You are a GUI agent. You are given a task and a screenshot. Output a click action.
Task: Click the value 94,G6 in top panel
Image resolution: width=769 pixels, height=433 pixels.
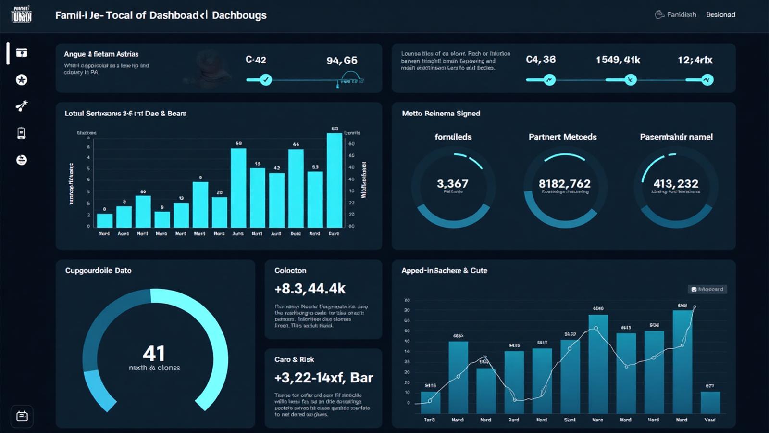pos(342,61)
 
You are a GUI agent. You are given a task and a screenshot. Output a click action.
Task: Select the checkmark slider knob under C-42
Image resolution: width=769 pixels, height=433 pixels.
pos(266,80)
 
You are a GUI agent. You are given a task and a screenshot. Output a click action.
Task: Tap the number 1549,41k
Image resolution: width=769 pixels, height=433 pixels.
pos(618,60)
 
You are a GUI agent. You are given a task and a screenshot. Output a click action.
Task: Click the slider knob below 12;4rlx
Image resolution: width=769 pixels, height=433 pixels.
pos(707,80)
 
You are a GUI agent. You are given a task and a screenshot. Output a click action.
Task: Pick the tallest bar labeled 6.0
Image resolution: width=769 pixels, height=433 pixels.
pos(335,180)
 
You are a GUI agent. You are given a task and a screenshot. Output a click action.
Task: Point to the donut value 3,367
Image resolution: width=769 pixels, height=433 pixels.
pos(452,184)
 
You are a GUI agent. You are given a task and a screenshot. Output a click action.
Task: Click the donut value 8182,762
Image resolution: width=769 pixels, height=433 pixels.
pos(564,184)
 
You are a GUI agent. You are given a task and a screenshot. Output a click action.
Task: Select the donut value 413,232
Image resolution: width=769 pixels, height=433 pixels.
pos(676,184)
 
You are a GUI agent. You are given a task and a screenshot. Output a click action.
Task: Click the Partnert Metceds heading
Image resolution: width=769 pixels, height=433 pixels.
pos(562,137)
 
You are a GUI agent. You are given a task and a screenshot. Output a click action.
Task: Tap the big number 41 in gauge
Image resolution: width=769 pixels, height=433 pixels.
pos(154,354)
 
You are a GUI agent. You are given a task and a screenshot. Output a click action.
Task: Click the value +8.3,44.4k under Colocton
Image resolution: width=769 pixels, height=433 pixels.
pos(310,289)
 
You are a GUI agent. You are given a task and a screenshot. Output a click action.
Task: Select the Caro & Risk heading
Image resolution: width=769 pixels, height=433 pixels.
pos(294,360)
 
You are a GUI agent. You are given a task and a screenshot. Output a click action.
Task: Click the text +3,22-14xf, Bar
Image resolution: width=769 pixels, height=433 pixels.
pos(323,378)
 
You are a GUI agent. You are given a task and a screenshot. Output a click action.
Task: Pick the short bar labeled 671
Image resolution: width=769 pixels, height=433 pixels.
pos(710,402)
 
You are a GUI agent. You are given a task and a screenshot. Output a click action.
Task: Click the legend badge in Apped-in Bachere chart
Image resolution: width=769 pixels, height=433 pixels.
pos(707,289)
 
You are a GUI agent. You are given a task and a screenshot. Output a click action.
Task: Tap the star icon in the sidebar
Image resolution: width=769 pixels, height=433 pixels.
pos(22,80)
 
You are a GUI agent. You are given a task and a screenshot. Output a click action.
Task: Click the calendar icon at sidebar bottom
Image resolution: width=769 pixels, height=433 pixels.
pos(22,416)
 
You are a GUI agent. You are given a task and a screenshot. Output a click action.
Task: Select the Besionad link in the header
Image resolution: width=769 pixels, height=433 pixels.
pos(720,15)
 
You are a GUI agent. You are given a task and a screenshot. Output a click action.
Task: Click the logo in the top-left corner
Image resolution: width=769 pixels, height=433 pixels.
pos(21,15)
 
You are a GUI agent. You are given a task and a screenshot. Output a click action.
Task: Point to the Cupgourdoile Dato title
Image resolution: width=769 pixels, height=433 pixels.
pos(99,271)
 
